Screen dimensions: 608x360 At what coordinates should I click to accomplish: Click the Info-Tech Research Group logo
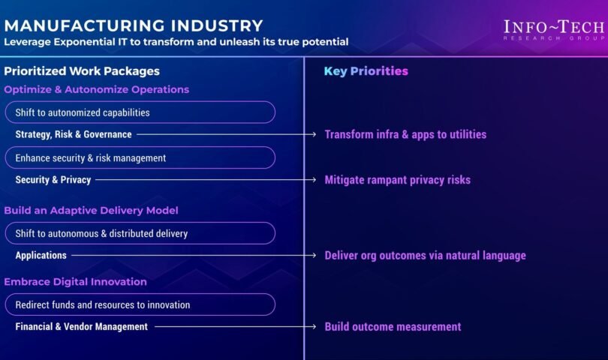[554, 30]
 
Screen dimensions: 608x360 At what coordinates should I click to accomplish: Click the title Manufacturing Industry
[134, 25]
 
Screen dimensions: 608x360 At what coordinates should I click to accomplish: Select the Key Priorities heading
[366, 71]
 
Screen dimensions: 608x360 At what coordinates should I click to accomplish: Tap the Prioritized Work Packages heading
[82, 71]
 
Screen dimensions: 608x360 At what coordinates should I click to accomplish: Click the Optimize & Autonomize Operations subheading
[97, 89]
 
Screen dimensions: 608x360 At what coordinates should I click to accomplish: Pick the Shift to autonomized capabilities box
[140, 112]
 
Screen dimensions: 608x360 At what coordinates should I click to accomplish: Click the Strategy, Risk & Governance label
[74, 134]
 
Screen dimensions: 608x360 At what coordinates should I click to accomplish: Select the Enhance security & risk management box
[140, 157]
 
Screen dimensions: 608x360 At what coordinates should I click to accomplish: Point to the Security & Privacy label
[53, 180]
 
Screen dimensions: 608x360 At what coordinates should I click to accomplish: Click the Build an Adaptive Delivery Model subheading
[91, 211]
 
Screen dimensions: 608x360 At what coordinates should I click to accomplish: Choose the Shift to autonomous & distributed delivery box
[140, 233]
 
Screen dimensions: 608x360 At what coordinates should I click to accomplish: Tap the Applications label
[41, 255]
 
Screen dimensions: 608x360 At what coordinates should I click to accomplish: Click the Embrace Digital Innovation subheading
[76, 282]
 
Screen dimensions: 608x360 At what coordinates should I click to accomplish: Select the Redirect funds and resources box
[140, 304]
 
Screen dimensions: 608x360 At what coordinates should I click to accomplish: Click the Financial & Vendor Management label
[81, 327]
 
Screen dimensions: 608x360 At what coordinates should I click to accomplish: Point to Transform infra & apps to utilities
[405, 134]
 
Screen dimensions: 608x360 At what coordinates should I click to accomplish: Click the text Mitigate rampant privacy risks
[397, 180]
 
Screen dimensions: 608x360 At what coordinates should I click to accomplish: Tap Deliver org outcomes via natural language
[426, 255]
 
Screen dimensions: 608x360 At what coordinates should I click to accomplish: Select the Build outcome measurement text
[393, 327]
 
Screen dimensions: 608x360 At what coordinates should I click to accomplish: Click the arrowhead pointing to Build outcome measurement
[314, 327]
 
